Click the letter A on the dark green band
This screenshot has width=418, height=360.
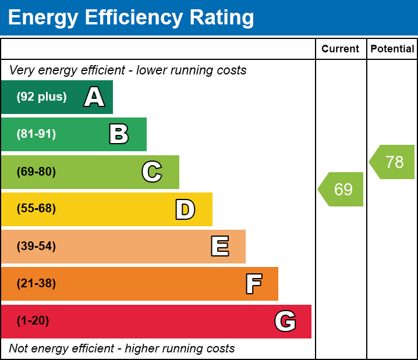tap(94, 97)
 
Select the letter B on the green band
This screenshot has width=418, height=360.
tap(119, 134)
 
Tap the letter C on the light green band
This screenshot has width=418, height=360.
tap(152, 172)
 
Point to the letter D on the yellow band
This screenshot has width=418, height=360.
tap(185, 209)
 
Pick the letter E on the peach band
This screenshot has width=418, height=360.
tap(219, 247)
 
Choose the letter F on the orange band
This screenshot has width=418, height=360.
tap(253, 284)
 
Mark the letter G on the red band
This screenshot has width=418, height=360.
tap(285, 321)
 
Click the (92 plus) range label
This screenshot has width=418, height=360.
tap(41, 97)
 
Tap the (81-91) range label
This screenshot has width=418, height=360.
tap(36, 134)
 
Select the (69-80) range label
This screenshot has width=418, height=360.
tap(36, 172)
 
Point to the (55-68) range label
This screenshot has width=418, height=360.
tap(36, 209)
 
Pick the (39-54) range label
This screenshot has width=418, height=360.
tap(36, 247)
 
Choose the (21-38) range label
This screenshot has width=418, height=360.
tap(36, 284)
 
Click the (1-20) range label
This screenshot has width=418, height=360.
tap(33, 321)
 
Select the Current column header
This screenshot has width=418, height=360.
tap(341, 49)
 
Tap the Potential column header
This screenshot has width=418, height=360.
tap(392, 49)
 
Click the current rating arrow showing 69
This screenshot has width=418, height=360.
tap(342, 189)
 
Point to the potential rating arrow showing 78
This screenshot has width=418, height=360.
tap(393, 162)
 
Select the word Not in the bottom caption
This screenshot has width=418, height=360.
tap(19, 349)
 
